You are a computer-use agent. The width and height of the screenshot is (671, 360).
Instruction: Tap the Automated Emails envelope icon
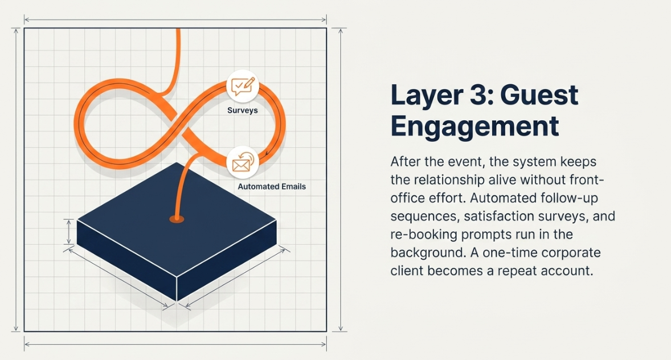tap(243, 162)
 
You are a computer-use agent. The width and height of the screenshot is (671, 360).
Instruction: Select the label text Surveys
tap(242, 111)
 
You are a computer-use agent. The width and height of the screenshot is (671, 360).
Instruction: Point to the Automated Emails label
tap(271, 186)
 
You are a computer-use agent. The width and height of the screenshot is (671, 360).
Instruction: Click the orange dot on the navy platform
tap(176, 218)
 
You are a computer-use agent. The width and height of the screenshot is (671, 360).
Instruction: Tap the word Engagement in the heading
tap(474, 126)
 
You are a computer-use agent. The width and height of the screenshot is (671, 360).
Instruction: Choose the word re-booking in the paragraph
tap(424, 235)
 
